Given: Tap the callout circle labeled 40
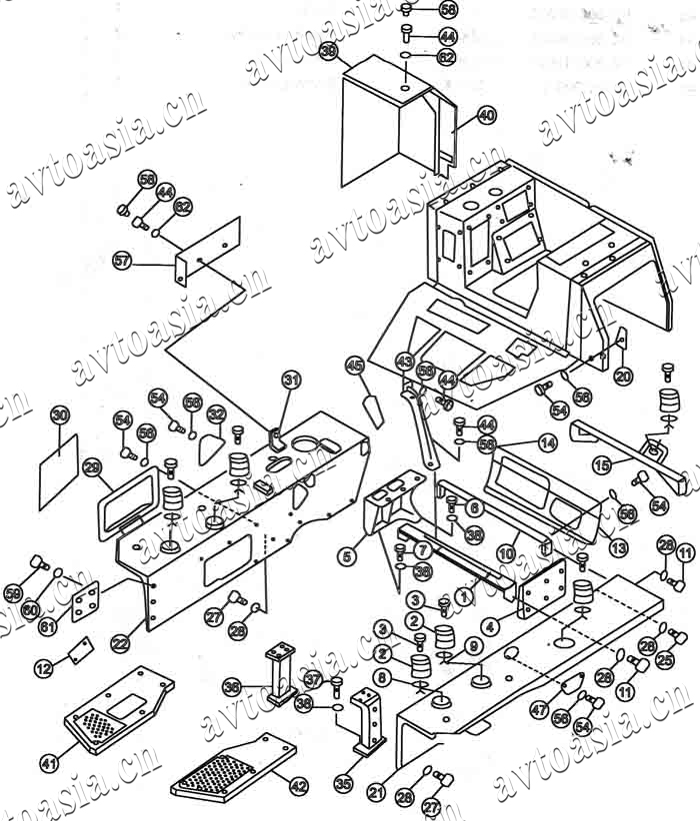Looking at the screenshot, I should click(x=486, y=116).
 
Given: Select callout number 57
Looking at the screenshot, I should click(x=122, y=261).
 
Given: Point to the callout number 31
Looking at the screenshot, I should click(x=291, y=380).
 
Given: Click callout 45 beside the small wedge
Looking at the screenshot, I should click(x=355, y=366).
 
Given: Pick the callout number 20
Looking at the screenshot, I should click(x=623, y=376).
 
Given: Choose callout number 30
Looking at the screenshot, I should click(x=60, y=414).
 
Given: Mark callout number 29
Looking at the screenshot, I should click(x=92, y=466).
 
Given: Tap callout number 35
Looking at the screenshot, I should click(x=343, y=783).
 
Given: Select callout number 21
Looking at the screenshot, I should click(x=377, y=792).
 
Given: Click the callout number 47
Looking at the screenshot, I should click(x=540, y=710).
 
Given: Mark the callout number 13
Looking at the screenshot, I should click(x=619, y=547).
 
